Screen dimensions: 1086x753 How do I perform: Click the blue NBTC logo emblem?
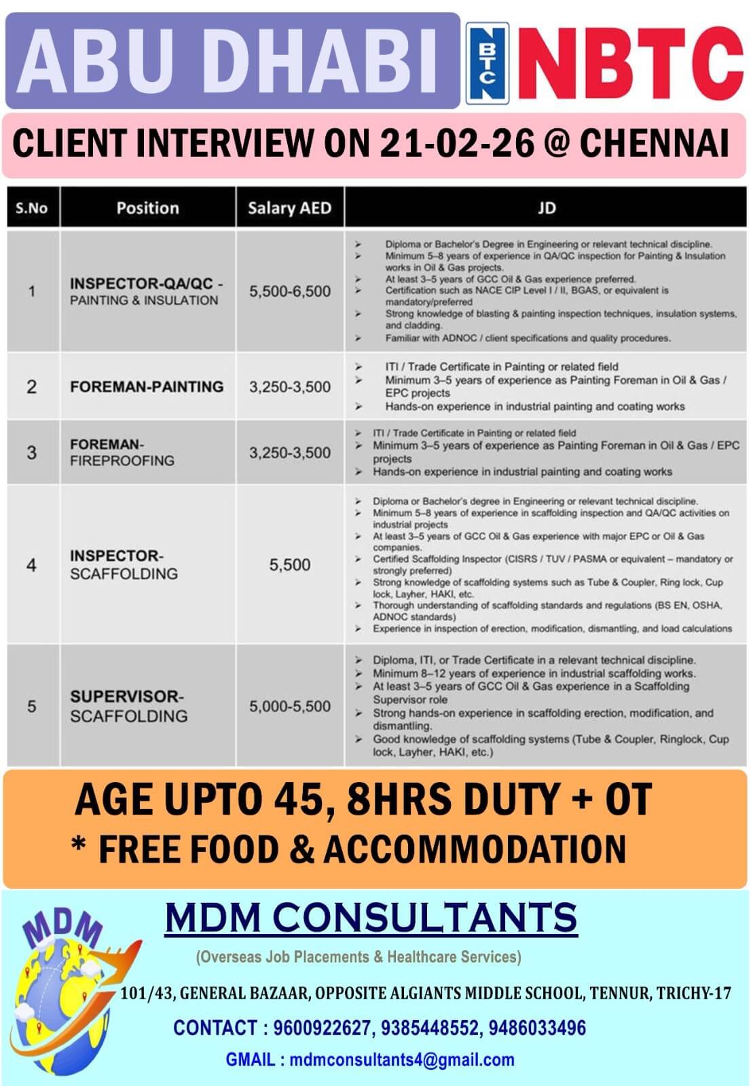tap(487, 63)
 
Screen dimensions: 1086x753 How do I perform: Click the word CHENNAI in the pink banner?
tap(655, 143)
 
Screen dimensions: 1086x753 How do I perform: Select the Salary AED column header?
tap(289, 208)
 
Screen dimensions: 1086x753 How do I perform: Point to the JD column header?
tap(546, 208)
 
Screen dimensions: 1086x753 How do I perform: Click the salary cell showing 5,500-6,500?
tap(289, 291)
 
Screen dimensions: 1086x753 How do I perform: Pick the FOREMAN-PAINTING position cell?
tap(147, 386)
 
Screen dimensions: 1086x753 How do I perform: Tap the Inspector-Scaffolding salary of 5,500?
tap(289, 565)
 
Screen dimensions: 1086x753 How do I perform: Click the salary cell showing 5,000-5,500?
tap(289, 706)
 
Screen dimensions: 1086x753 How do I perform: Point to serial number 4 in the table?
tap(32, 565)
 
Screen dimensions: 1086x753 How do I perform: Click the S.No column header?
tap(32, 208)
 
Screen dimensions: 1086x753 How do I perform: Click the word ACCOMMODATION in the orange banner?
tap(475, 849)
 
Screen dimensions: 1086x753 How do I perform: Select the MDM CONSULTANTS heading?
tap(371, 918)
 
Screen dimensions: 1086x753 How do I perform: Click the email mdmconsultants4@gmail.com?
tap(401, 1060)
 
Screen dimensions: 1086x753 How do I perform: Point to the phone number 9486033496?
tap(537, 1028)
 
